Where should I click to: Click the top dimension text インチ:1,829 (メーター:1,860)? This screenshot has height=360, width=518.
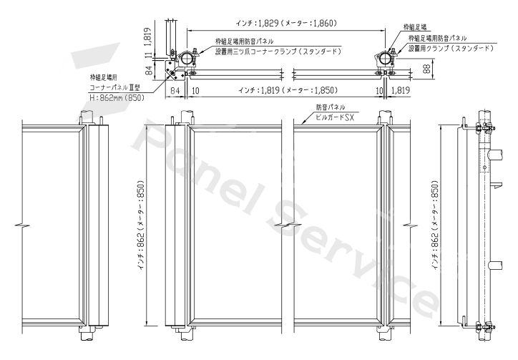click(286, 23)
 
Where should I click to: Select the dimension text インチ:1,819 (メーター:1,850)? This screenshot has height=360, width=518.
click(288, 90)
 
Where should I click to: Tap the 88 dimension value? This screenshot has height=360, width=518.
click(427, 69)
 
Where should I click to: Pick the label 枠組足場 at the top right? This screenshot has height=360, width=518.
click(414, 26)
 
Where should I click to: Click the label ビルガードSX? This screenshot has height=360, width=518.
click(335, 117)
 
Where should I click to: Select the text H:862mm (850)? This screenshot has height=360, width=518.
click(117, 98)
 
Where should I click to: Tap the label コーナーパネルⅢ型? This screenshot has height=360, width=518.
click(115, 87)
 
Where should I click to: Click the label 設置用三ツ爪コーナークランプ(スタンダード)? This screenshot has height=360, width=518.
click(278, 52)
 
